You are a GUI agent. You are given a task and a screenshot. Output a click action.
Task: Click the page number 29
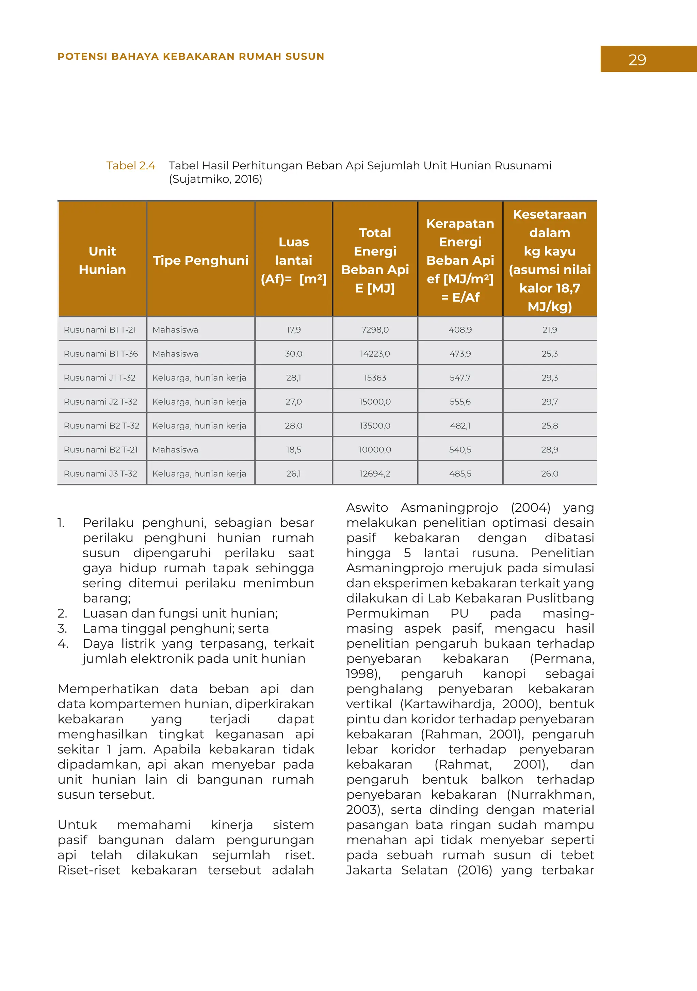[637, 60]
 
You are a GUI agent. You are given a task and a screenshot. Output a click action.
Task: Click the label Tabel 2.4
[131, 166]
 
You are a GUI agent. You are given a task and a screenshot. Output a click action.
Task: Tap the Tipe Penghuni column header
[200, 260]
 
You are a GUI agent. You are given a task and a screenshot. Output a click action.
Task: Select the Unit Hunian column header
[102, 260]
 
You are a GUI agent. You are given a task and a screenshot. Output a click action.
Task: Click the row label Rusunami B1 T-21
[100, 330]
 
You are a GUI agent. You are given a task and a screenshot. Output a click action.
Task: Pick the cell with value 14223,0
[375, 354]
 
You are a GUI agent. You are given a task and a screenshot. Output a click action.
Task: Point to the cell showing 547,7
[460, 378]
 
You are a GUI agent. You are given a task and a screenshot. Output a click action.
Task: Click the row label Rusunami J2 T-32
[100, 402]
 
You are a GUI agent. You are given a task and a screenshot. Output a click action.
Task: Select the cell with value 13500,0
[375, 425]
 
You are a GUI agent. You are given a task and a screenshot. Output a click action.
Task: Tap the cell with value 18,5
[293, 450]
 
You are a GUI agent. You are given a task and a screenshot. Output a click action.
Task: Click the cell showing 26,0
[550, 474]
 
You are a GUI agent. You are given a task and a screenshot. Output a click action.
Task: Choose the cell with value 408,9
[460, 330]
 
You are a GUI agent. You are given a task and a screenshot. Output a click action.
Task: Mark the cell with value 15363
[375, 378]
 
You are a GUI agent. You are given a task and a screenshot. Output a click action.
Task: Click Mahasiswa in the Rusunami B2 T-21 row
[175, 450]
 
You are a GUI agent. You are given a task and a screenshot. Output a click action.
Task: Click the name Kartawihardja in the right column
[449, 704]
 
